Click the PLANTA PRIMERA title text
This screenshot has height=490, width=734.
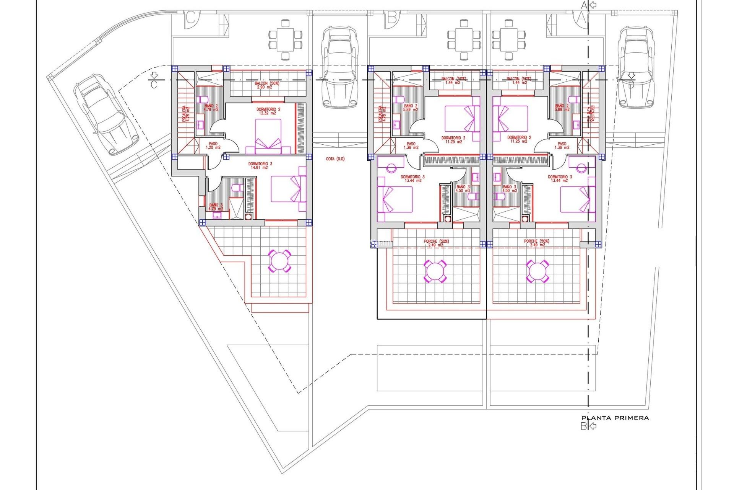(x=615, y=418)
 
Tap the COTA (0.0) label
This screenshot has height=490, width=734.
(x=335, y=159)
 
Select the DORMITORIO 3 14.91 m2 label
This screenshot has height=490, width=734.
(x=260, y=166)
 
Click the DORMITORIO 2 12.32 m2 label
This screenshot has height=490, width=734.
(x=268, y=111)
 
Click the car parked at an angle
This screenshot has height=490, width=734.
(x=106, y=114)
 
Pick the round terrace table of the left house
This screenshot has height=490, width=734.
(x=279, y=261)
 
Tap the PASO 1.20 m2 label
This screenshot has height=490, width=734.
(x=213, y=145)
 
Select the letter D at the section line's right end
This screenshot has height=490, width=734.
(x=631, y=85)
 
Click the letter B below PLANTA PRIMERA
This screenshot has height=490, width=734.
(x=584, y=426)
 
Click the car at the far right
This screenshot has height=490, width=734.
(x=637, y=67)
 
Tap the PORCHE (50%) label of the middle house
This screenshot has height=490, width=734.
(x=436, y=243)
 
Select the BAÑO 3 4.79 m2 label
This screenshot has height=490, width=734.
(x=216, y=207)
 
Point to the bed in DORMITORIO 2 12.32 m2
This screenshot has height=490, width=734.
(x=268, y=136)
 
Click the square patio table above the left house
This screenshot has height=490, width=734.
(x=285, y=40)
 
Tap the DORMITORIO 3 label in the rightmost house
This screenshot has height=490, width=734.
(x=560, y=179)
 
